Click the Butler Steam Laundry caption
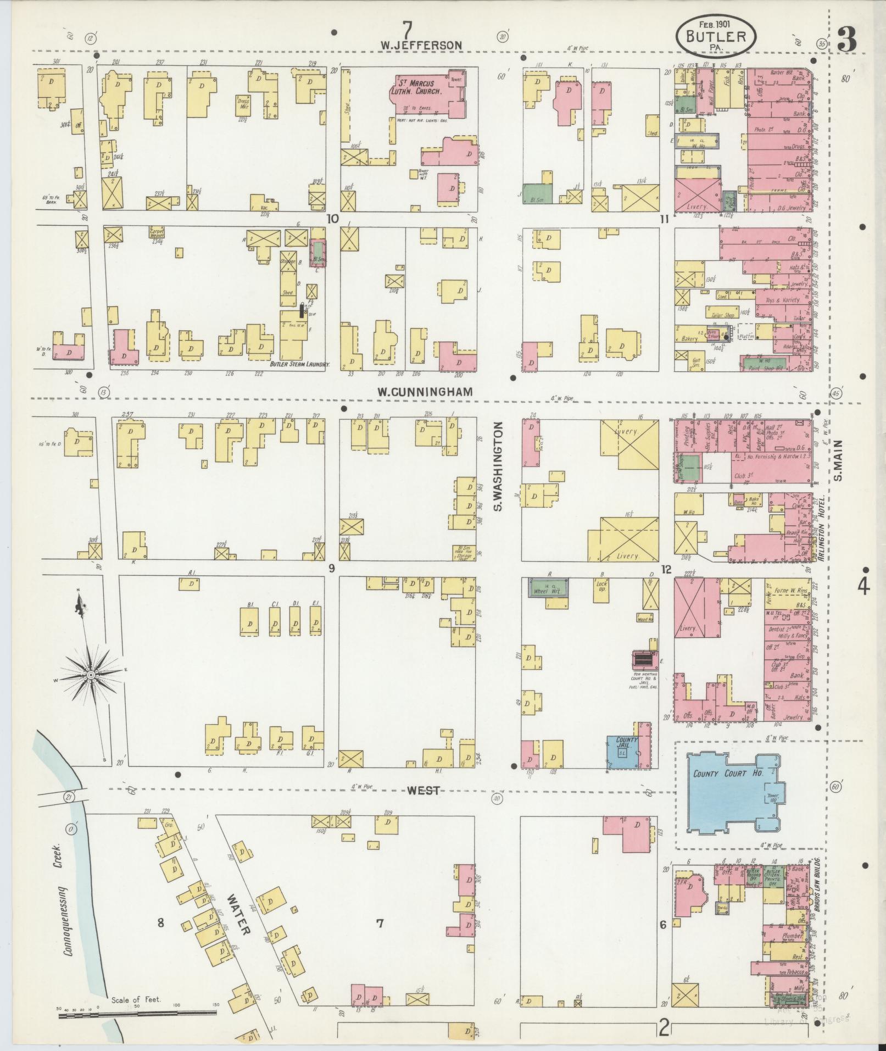299,364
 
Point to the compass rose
91,674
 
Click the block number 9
331,569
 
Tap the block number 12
666,570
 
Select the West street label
424,790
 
